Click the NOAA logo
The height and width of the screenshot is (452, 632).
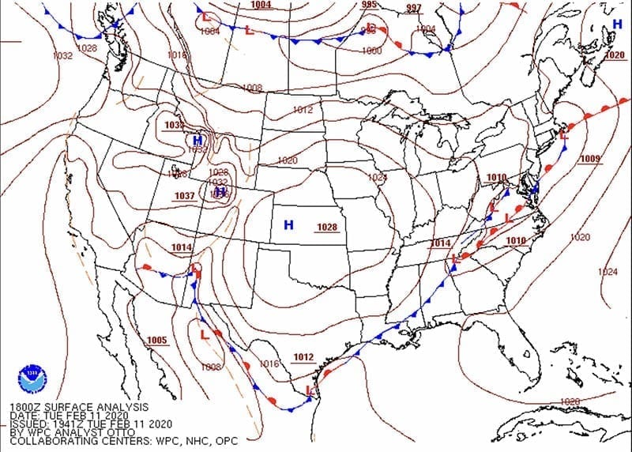point(32,374)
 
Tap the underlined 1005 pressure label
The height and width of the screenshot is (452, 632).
point(157,341)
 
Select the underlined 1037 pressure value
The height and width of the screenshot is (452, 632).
point(185,196)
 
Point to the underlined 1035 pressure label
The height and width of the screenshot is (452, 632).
point(174,126)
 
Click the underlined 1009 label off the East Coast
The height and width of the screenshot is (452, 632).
point(589,159)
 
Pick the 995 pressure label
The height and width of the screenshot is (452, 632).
point(369,5)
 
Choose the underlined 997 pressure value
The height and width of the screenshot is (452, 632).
point(413,9)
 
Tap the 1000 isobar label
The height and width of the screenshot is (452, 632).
point(371,51)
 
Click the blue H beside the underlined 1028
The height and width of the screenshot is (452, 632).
point(288,225)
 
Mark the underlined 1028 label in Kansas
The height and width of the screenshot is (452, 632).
point(327,228)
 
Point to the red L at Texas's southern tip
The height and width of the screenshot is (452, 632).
point(309,390)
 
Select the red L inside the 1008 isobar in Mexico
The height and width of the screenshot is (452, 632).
point(205,335)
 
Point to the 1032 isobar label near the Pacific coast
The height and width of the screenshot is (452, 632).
point(62,56)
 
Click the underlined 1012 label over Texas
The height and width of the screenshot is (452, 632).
point(303,357)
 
